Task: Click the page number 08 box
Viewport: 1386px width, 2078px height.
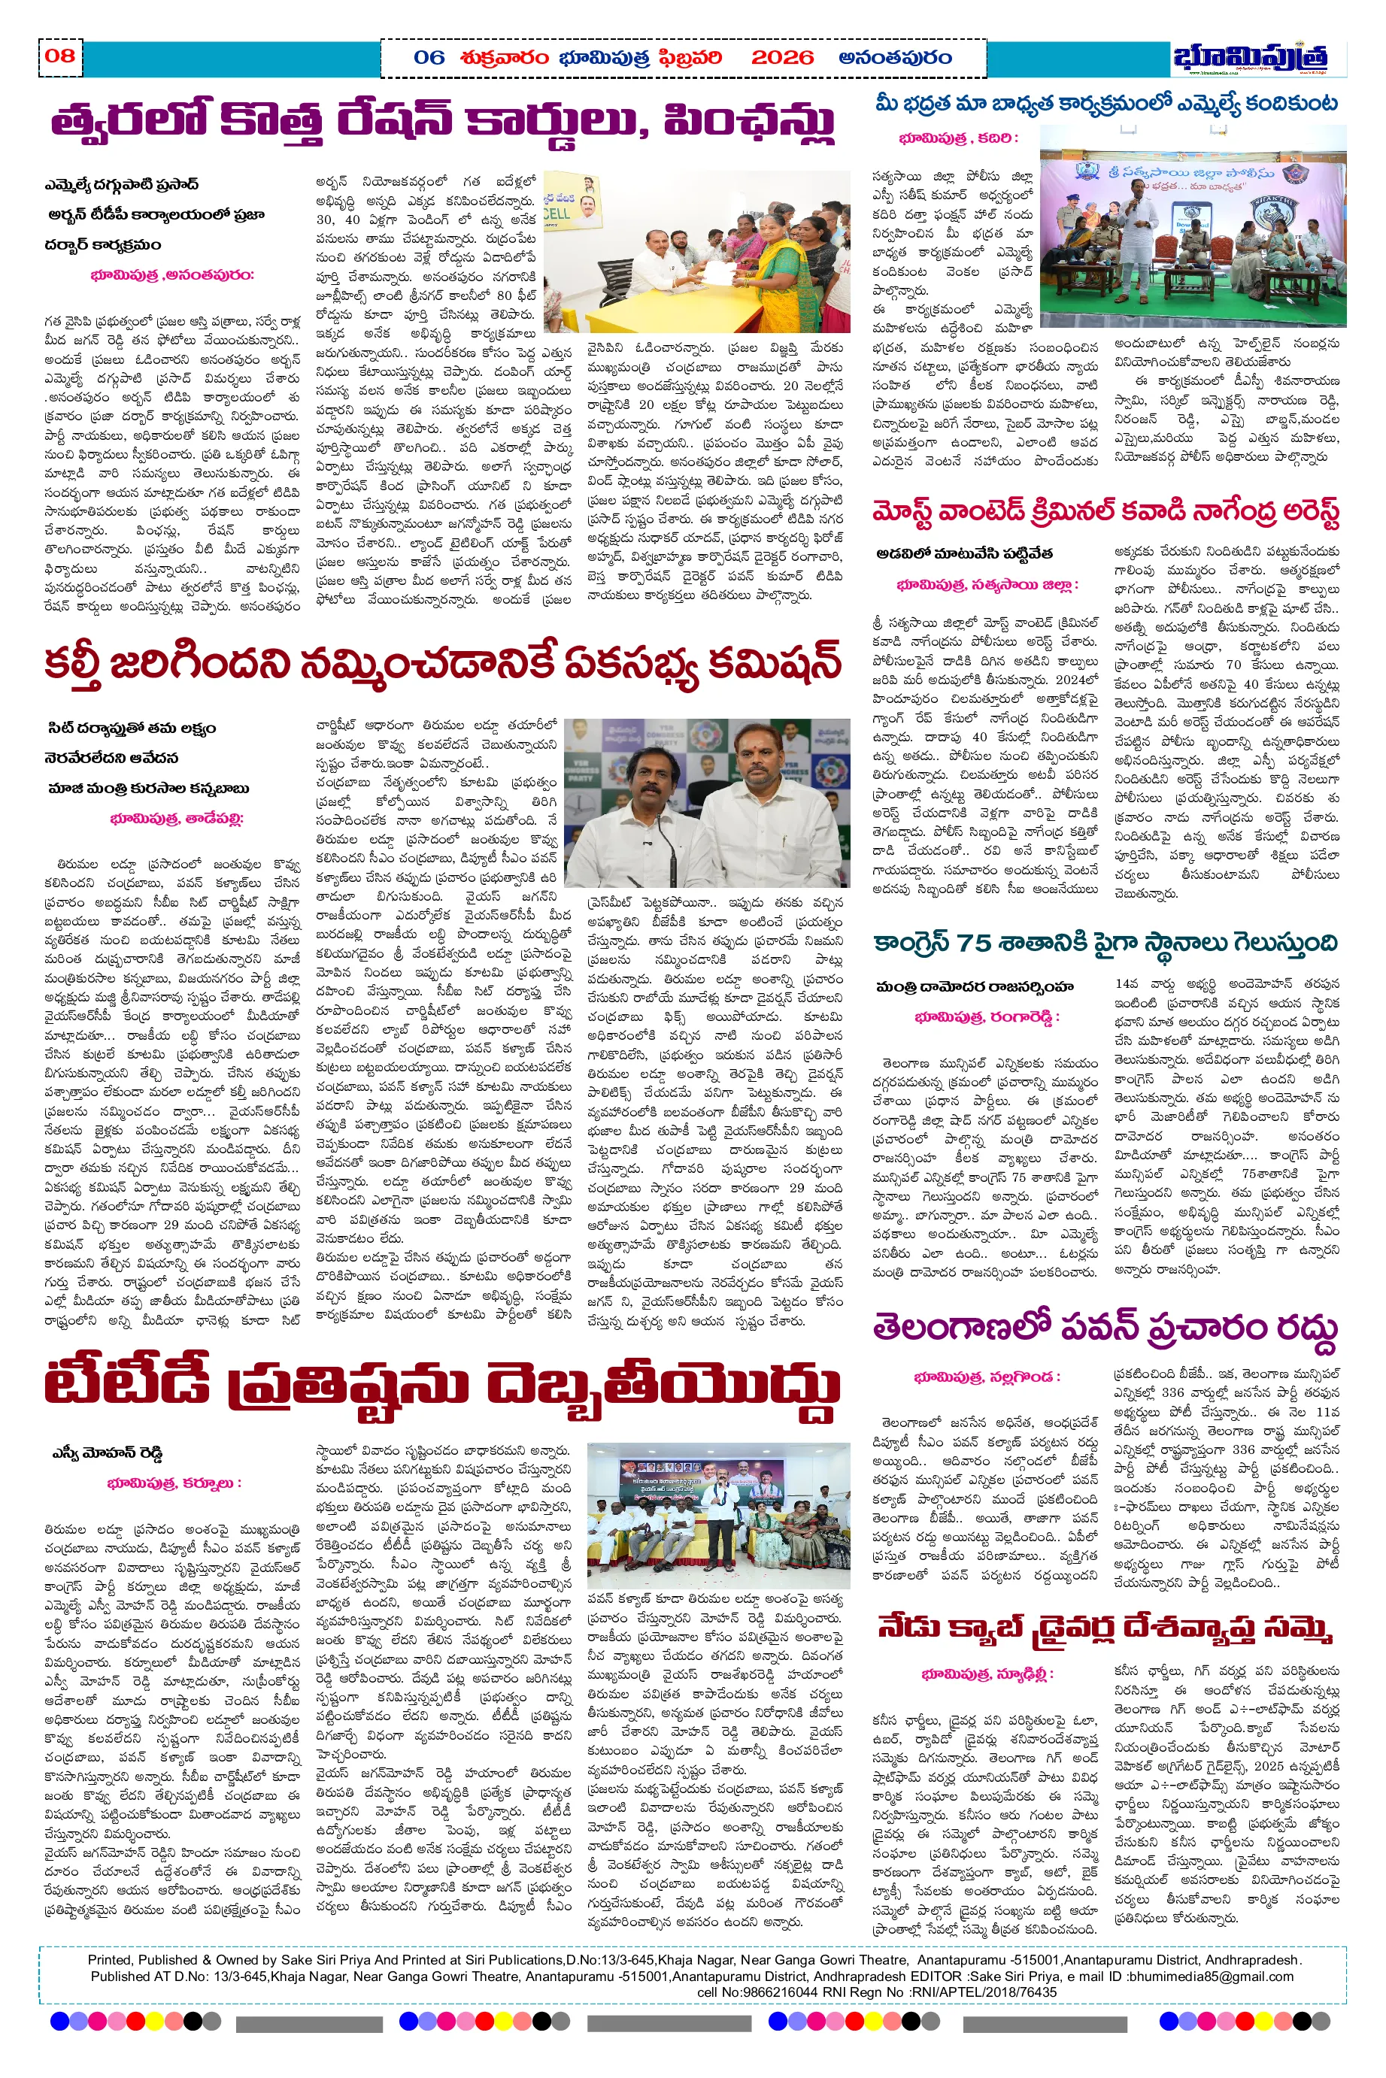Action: [x=60, y=56]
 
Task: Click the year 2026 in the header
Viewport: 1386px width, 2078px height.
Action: [x=781, y=59]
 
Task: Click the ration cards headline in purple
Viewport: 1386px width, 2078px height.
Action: [x=442, y=123]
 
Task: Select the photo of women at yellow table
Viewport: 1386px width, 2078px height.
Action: [x=696, y=252]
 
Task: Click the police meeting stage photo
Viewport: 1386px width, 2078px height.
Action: [x=1193, y=226]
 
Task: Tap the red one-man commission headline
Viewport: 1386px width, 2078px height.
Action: [x=442, y=665]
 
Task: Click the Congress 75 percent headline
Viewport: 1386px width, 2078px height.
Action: [x=1105, y=944]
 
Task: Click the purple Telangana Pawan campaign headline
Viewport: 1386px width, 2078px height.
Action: [x=1105, y=1328]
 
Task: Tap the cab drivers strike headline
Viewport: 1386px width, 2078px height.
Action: [x=1105, y=1625]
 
